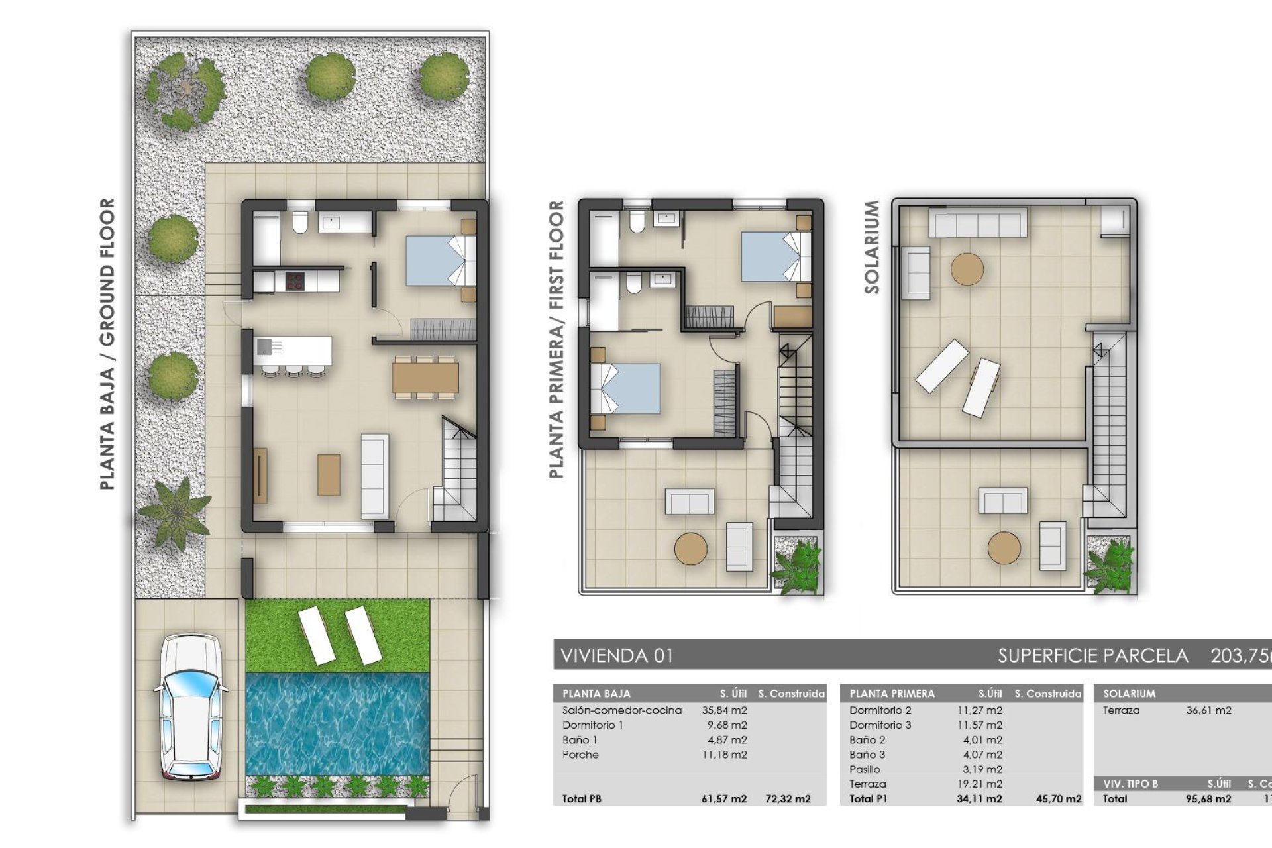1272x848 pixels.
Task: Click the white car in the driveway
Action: tap(191, 706)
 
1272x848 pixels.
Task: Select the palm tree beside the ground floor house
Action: tap(174, 513)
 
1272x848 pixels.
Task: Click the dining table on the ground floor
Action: tap(425, 378)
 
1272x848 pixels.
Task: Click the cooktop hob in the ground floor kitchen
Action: tap(295, 281)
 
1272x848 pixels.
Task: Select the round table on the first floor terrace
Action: tap(691, 549)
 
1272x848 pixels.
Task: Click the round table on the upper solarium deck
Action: tap(967, 270)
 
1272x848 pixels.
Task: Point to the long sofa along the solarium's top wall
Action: tap(977, 222)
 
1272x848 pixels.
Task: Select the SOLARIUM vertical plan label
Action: tap(872, 247)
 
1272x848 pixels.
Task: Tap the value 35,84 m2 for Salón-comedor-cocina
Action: tap(724, 710)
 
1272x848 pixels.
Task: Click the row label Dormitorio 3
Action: tap(880, 725)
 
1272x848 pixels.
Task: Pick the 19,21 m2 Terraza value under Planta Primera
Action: tap(980, 784)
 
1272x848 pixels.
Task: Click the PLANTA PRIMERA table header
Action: tap(892, 694)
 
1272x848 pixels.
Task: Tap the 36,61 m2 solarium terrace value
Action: tap(1208, 710)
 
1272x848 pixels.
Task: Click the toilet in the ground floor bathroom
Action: tap(300, 223)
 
